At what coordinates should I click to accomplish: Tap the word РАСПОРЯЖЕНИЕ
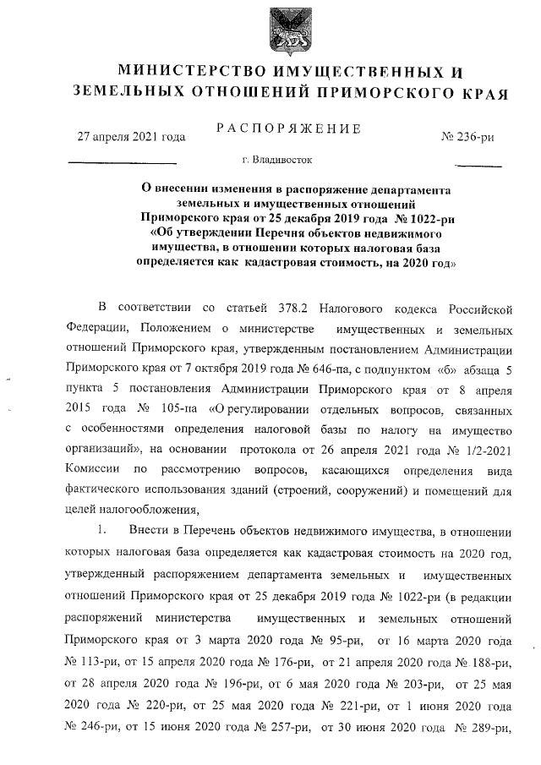(x=289, y=128)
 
